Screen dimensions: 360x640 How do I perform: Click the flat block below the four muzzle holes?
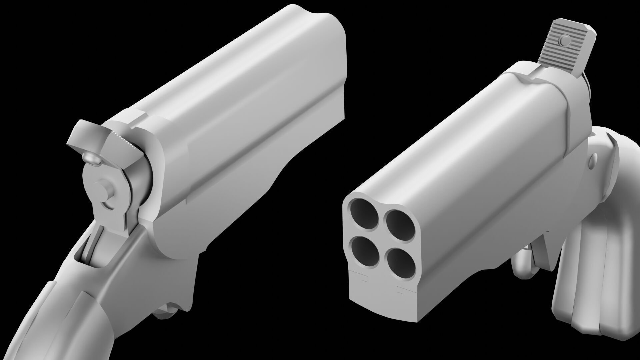tap(383, 300)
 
